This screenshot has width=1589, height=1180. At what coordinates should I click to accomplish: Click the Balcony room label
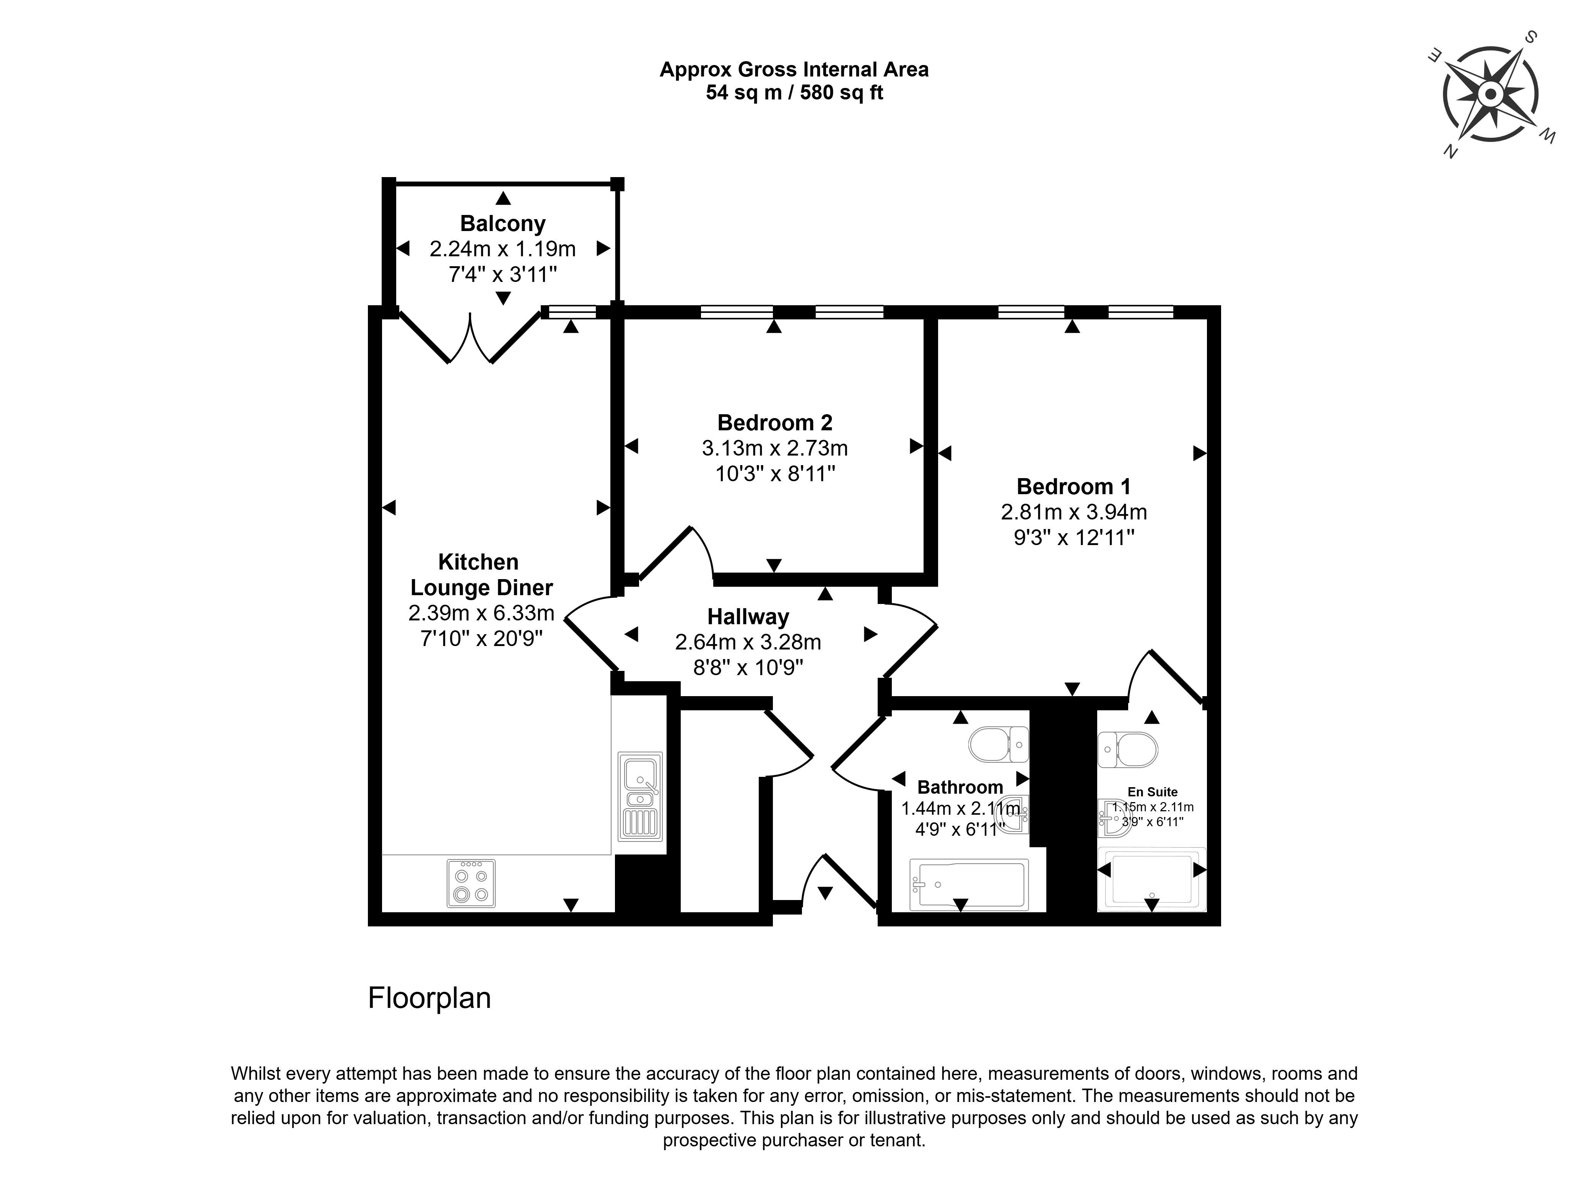(503, 224)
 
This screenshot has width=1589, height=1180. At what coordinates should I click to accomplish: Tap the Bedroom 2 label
(775, 423)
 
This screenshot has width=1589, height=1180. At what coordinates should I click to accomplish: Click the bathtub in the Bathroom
(969, 885)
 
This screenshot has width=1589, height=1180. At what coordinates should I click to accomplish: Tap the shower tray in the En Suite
(1152, 879)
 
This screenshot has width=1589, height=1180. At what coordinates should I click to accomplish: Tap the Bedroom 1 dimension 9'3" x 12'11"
(1074, 537)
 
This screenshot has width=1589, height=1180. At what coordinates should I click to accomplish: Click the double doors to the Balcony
(470, 337)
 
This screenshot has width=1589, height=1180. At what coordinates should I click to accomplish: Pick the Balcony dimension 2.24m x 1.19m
(503, 249)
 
